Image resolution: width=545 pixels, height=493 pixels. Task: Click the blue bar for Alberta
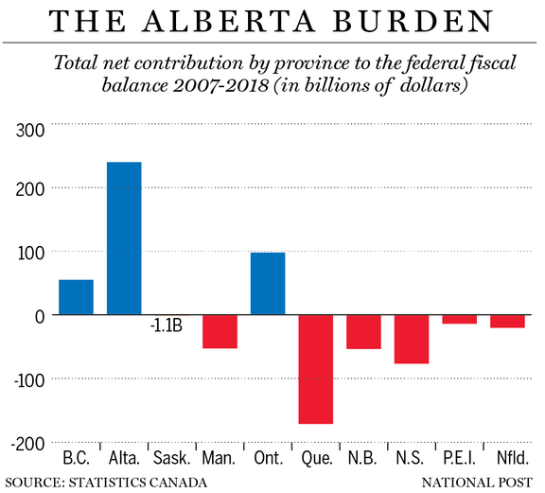coord(124,238)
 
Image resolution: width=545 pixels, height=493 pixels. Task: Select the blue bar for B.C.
coord(76,297)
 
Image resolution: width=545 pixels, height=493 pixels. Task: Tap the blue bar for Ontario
coord(268,284)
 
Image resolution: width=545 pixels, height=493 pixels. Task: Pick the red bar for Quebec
coord(315,369)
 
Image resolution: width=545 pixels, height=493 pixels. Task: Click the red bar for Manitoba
coord(220,331)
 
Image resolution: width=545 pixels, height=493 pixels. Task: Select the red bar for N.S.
coord(412,339)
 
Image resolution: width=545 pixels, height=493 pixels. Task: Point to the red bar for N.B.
coord(363,332)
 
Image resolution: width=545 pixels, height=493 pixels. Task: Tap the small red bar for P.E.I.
coord(460,320)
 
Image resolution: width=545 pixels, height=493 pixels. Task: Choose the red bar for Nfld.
coord(507,322)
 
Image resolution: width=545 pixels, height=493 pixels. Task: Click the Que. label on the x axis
coord(315,458)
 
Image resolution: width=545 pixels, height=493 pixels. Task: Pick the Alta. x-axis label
coord(124,458)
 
